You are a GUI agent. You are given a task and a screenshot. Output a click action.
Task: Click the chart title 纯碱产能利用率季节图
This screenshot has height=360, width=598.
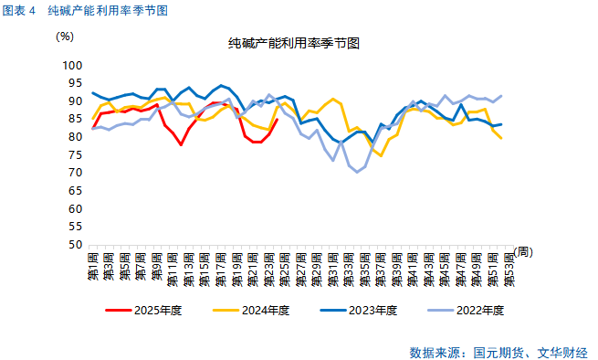pyautogui.click(x=293, y=44)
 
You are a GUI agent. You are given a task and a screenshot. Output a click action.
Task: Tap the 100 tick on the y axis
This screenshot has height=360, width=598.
pyautogui.click(x=73, y=66)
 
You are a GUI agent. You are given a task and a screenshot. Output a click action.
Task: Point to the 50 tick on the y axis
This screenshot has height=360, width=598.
pyautogui.click(x=77, y=245)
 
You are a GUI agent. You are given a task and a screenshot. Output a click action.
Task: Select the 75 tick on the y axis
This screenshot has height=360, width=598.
pyautogui.click(x=77, y=155)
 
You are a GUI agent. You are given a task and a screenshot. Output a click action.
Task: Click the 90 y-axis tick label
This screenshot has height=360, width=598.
pyautogui.click(x=77, y=101)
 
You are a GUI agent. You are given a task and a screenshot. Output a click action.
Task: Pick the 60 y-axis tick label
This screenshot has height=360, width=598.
pyautogui.click(x=77, y=209)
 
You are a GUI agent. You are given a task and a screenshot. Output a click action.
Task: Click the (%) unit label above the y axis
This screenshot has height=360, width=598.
pyautogui.click(x=65, y=37)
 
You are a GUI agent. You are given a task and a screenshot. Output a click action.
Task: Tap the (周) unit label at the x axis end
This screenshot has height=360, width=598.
pyautogui.click(x=522, y=251)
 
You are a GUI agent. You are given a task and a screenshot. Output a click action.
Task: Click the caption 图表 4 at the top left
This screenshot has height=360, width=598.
pyautogui.click(x=20, y=10)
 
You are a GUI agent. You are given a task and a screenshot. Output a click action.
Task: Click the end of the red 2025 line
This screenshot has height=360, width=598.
pyautogui.click(x=277, y=119)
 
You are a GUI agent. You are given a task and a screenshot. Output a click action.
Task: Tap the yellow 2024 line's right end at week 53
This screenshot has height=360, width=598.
pyautogui.click(x=500, y=138)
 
